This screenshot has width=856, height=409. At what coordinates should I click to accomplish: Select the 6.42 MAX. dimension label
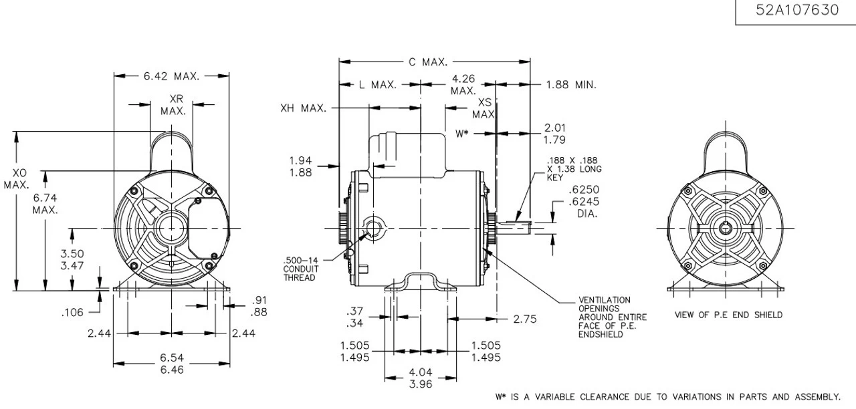coord(171,76)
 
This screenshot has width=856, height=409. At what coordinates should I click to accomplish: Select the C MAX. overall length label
coord(427,62)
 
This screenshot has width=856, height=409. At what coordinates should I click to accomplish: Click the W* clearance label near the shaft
coord(463,132)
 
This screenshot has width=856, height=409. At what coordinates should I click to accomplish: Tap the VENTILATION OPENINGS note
coord(604,317)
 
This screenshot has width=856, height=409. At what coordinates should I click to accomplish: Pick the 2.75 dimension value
coord(525,319)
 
